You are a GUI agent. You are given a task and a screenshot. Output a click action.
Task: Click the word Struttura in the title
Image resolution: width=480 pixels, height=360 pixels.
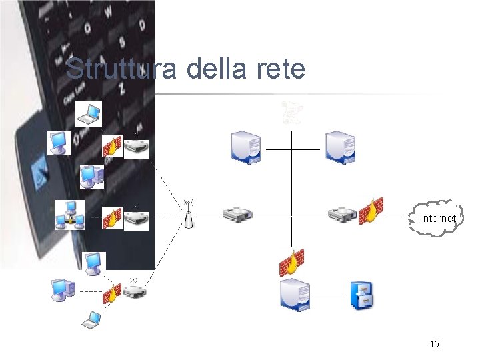coord(111,69)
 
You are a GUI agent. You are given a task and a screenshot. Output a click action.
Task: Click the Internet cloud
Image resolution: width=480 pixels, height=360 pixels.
coord(437,217)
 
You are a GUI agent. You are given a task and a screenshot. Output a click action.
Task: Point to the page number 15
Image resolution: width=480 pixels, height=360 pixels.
coord(434,344)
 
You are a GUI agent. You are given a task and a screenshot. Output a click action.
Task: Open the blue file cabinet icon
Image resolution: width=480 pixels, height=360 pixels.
coord(362,294)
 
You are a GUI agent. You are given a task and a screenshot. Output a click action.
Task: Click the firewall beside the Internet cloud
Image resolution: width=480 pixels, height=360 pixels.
coord(371,210)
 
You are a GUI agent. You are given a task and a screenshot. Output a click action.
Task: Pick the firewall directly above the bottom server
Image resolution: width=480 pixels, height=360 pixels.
coord(291,262)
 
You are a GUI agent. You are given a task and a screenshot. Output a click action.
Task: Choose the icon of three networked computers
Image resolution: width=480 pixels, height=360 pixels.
coord(69,215)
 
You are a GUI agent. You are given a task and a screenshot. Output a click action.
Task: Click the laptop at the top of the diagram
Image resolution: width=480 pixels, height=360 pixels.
coord(88,113)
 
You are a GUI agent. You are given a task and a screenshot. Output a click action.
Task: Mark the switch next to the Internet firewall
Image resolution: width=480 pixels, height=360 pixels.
coord(343,215)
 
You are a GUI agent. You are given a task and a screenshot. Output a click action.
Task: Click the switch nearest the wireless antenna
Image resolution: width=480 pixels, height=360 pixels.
coord(237,215)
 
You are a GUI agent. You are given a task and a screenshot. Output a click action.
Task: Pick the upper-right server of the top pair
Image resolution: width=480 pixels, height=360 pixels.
coord(339,147)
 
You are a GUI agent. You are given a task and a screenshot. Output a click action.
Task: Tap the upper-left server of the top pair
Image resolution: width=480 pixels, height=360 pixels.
coord(245,147)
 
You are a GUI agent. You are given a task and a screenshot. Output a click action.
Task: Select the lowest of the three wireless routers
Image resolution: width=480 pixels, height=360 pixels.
coord(135,291)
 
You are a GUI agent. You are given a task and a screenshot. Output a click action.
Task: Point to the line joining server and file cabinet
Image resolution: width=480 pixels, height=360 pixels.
coord(329,295)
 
